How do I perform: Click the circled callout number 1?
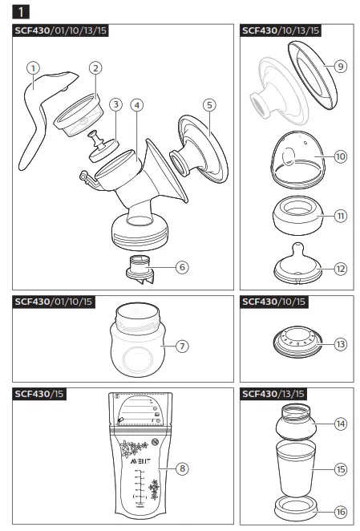(x=33, y=68)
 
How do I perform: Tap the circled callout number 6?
(x=204, y=266)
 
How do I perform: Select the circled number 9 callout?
(x=341, y=67)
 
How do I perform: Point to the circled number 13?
(x=341, y=343)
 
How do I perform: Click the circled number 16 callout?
(x=341, y=510)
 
